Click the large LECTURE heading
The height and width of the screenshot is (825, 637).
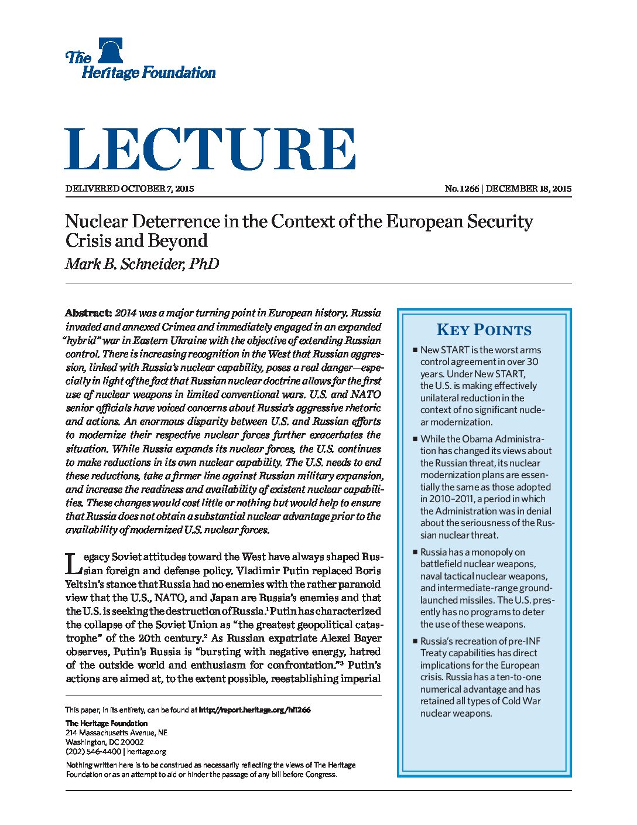click(x=210, y=150)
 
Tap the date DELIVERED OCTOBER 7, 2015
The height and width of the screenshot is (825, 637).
click(x=129, y=189)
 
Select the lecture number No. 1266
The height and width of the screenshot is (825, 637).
click(x=461, y=189)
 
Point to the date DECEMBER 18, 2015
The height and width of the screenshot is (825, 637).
click(x=528, y=189)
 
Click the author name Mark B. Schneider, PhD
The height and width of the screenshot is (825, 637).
click(x=142, y=264)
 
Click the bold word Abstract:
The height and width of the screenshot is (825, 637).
click(x=88, y=313)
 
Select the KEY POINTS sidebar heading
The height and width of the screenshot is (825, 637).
click(x=484, y=330)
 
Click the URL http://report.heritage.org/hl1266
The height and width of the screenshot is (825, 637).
click(x=255, y=710)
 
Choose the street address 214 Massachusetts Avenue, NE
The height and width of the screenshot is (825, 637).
click(x=117, y=732)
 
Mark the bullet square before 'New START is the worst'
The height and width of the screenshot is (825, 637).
click(x=415, y=350)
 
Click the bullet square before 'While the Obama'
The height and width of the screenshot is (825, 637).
click(x=415, y=439)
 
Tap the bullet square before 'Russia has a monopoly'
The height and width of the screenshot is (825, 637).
click(x=415, y=552)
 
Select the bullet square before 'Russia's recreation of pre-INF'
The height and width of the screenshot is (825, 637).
click(x=415, y=641)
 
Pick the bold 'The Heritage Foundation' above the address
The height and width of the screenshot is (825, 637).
click(x=107, y=723)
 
